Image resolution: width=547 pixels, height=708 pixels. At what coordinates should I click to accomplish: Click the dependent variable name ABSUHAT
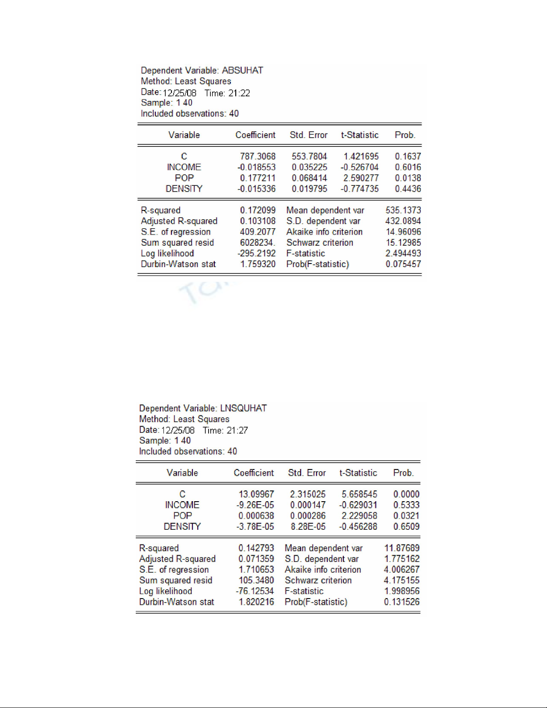242,71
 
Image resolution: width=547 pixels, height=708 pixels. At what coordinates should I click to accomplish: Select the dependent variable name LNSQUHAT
243,408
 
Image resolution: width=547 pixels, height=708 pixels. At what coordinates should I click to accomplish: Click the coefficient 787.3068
258,156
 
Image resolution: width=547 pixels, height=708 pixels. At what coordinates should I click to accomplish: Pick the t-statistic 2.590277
361,178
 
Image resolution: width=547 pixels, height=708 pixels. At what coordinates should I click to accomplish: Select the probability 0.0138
408,178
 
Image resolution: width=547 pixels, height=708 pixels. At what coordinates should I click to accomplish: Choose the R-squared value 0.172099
258,210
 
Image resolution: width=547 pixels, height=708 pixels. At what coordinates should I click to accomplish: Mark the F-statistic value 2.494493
403,253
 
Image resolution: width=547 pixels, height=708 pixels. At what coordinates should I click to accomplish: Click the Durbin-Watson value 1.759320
258,264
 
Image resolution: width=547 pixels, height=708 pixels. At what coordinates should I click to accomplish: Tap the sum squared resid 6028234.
258,243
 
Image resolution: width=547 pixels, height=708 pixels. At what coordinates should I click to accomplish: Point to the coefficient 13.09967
256,494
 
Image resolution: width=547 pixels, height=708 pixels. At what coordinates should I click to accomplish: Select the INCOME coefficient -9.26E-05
255,505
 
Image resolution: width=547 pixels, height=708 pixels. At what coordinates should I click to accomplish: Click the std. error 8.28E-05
308,527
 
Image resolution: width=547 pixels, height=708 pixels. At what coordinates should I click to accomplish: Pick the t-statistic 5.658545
359,494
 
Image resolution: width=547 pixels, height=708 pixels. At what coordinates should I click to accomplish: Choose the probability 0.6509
406,527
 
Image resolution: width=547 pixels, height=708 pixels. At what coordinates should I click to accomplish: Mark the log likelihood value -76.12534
255,591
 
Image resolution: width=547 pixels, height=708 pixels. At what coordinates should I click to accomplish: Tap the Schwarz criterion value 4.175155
401,580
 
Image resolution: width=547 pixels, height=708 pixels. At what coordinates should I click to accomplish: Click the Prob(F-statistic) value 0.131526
401,602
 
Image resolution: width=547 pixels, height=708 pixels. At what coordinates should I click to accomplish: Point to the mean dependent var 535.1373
403,210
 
